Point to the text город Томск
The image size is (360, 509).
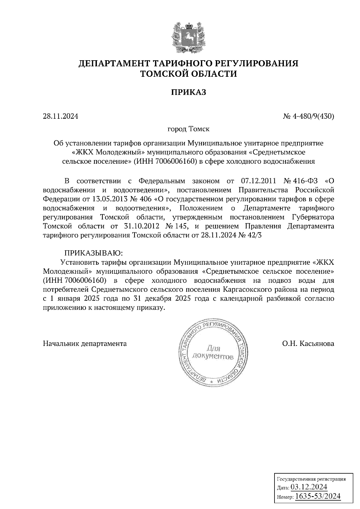pyautogui.click(x=188, y=129)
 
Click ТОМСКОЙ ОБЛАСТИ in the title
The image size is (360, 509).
pyautogui.click(x=188, y=74)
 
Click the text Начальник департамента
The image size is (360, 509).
pyautogui.click(x=85, y=344)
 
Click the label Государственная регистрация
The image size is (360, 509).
pyautogui.click(x=310, y=479)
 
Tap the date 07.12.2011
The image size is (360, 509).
pyautogui.click(x=258, y=181)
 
